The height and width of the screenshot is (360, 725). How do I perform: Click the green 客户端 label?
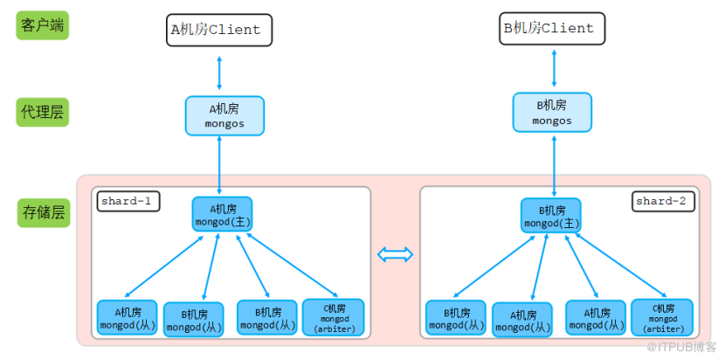(x=42, y=25)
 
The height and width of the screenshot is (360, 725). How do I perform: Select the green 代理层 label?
(x=42, y=112)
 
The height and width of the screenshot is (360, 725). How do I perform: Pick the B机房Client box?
(x=553, y=29)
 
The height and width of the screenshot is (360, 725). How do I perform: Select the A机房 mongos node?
(x=224, y=115)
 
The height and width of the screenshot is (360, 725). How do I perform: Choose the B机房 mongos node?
(x=552, y=113)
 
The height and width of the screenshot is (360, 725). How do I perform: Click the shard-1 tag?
(x=128, y=201)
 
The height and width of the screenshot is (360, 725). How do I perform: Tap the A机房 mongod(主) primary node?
(x=222, y=215)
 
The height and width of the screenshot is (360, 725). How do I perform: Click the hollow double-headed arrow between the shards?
(x=395, y=254)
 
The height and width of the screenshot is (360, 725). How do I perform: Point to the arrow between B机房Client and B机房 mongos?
(x=553, y=69)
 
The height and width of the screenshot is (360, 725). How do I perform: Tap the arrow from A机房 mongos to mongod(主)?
(x=219, y=165)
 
